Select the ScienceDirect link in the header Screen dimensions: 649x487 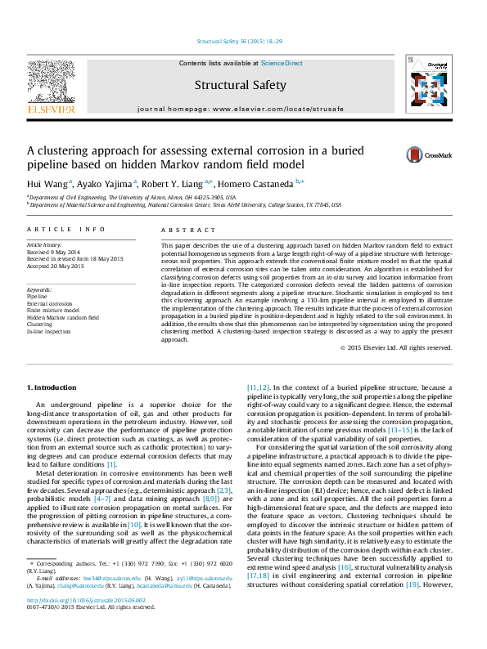pyautogui.click(x=282, y=63)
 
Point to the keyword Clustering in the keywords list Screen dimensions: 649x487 pyautogui.click(x=40, y=324)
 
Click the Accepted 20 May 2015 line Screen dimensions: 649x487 pyautogui.click(x=56, y=266)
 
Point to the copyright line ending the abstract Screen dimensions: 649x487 pyautogui.click(x=395, y=347)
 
